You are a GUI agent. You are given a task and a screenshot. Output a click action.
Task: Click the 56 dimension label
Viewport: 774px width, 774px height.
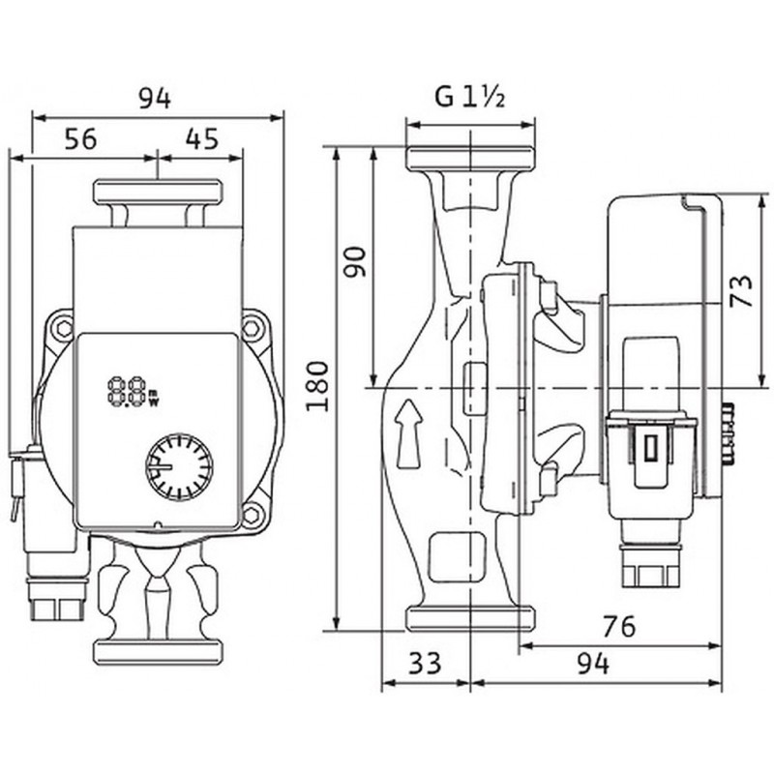(x=82, y=139)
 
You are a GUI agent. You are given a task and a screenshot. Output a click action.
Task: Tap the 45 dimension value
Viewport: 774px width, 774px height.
(x=200, y=139)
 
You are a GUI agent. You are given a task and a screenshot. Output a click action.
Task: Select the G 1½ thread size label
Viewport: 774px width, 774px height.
(x=471, y=98)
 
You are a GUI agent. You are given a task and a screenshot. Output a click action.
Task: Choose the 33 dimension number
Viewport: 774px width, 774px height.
(x=423, y=663)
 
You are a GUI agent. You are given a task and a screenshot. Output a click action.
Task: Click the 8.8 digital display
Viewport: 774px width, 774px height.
(x=127, y=393)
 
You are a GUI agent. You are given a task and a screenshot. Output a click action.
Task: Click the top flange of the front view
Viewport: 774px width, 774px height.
(x=157, y=192)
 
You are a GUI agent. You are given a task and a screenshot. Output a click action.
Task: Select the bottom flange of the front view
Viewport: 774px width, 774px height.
(x=157, y=647)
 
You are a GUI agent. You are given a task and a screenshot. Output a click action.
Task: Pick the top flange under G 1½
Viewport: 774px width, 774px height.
(x=470, y=161)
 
